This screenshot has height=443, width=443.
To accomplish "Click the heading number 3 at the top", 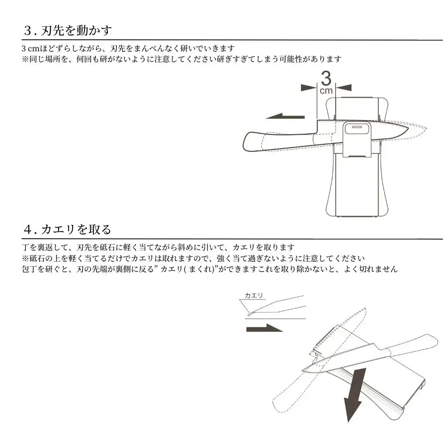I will click(x=27, y=30).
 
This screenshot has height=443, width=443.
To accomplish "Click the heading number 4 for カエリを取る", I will click(x=27, y=229).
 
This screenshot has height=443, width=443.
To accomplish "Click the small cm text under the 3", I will click(x=326, y=91).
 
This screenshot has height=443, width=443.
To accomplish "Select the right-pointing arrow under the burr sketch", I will click(x=265, y=328).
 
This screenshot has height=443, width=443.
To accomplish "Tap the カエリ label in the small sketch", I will click(x=253, y=296).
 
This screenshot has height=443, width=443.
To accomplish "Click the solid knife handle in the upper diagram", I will click(x=279, y=141).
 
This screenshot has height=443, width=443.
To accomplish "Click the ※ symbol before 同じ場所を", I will click(x=25, y=59).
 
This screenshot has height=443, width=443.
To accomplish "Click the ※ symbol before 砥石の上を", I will click(x=25, y=259).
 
